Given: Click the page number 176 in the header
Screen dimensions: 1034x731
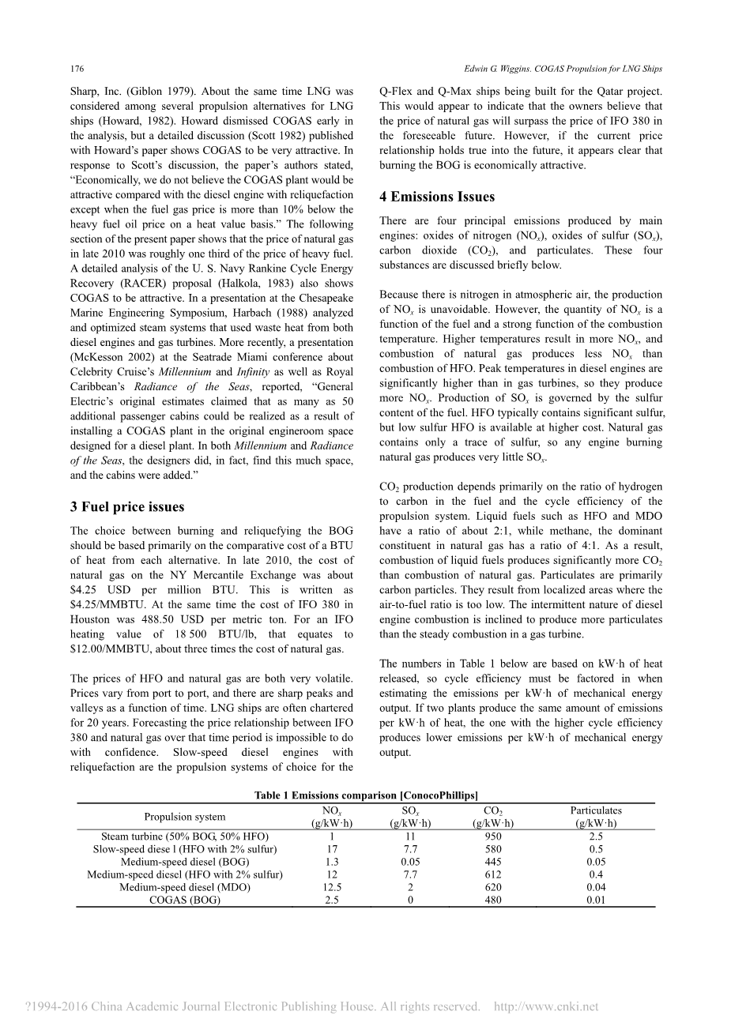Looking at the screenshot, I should pos(77,69).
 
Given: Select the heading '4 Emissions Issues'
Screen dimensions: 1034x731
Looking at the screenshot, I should pos(436,197).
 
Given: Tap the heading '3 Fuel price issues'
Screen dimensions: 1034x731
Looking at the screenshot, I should pos(126,506).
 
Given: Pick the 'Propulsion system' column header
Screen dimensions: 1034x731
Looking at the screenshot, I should pos(184,817).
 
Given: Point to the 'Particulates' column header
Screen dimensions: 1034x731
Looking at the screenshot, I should pos(596,810).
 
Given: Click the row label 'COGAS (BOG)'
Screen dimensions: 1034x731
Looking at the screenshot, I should pos(184,900).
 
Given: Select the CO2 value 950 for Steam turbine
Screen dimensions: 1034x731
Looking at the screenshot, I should pos(493,837).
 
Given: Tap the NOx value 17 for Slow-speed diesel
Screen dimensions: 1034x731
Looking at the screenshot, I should pos(332,849).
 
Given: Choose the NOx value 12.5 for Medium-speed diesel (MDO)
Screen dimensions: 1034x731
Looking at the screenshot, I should pos(332,887).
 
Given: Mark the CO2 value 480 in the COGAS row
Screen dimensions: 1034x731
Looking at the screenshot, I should pos(493,900).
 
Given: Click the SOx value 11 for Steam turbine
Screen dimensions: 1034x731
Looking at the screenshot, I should pos(410,837).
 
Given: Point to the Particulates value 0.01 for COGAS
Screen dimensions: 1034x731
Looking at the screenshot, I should pos(596,900).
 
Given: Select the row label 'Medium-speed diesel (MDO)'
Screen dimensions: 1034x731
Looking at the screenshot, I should pos(184,887).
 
